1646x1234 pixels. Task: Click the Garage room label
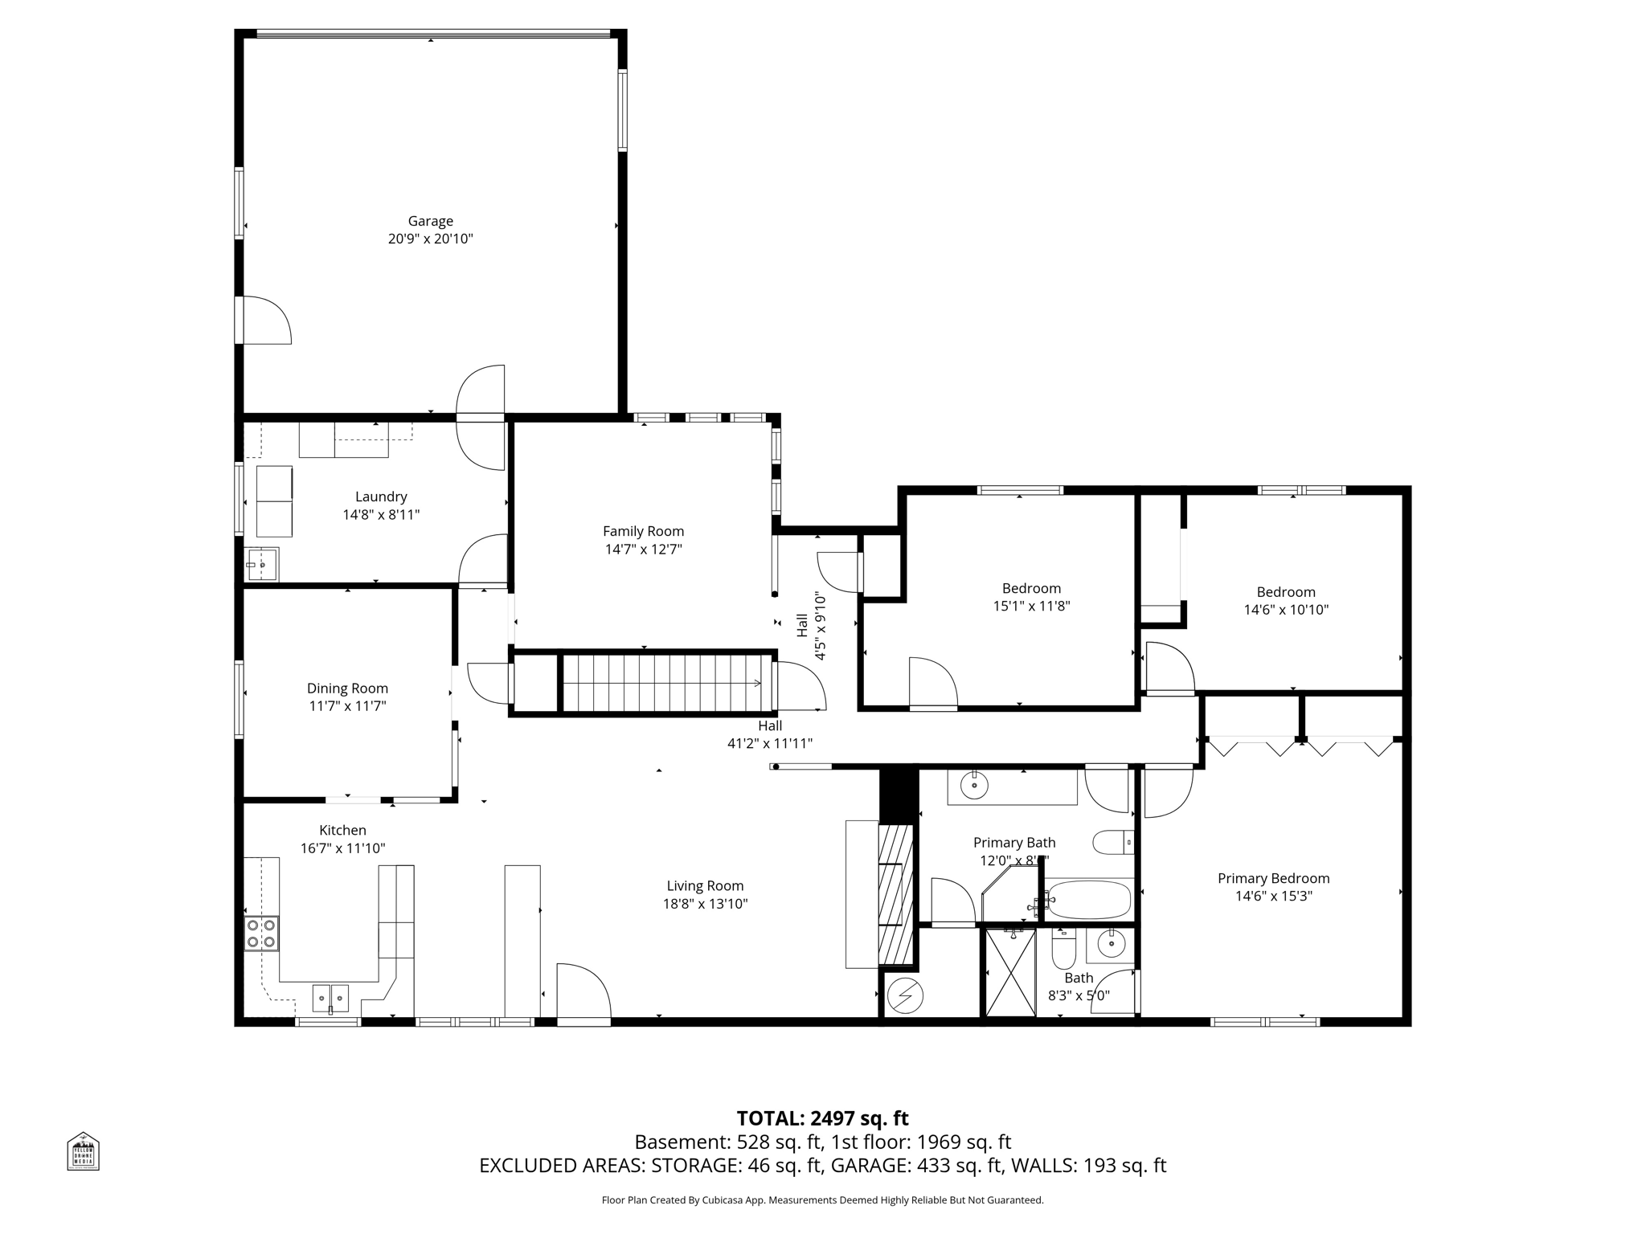coord(430,221)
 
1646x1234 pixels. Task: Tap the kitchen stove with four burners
coord(261,934)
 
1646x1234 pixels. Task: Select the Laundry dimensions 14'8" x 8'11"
coord(381,515)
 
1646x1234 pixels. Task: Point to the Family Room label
coord(643,531)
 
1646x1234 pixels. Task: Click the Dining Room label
coord(347,689)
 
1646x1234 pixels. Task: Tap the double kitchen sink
coord(330,998)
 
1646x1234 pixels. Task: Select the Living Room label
coord(705,886)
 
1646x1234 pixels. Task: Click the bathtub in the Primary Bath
coord(1090,901)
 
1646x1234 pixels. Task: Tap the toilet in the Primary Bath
coord(1112,843)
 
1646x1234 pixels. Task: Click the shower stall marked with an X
coord(1010,972)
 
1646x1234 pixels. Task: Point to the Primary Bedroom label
coord(1273,879)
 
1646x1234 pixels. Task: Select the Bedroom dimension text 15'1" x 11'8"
coord(1031,607)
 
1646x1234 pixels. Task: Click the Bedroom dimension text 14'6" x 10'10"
coord(1286,610)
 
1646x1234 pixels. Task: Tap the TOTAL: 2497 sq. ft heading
coord(822,1118)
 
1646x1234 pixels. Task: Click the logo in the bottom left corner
coord(83,1151)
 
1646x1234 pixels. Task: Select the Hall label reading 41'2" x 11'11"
coord(769,744)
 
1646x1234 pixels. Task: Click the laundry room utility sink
coord(261,565)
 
